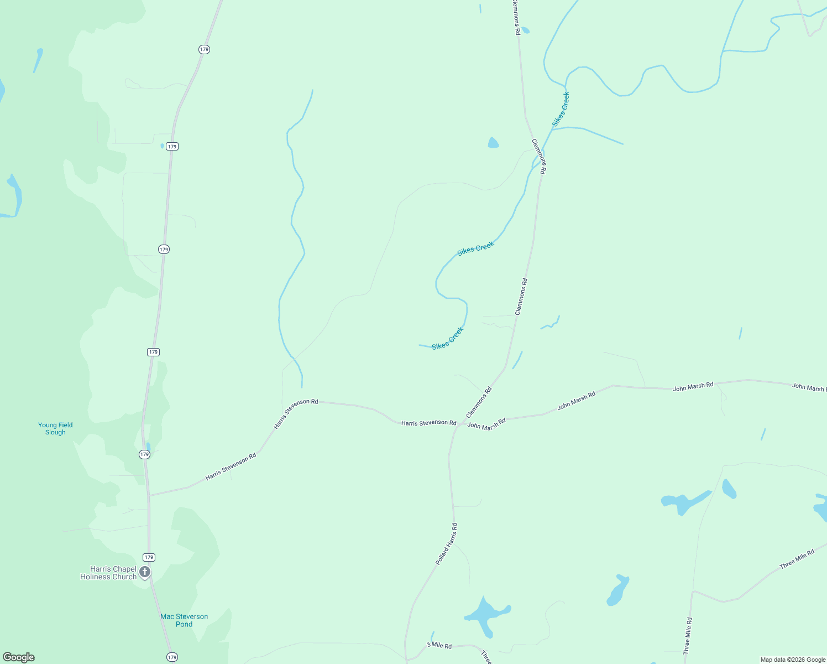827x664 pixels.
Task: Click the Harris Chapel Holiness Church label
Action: point(108,573)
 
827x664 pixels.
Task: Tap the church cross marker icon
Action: point(145,572)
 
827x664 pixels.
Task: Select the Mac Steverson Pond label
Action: point(184,620)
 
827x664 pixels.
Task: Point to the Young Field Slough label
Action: point(55,429)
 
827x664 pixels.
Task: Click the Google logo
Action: point(19,657)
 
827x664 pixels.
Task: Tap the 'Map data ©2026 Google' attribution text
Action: point(793,660)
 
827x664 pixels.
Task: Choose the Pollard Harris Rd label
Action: point(447,544)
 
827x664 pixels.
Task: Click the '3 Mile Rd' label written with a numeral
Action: point(439,646)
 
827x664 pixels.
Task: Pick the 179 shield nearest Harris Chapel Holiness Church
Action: point(149,557)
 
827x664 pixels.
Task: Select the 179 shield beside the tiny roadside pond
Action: point(172,147)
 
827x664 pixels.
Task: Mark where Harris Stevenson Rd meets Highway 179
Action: point(149,495)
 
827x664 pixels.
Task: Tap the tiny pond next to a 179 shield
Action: point(163,146)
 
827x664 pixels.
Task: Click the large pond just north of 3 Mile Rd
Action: point(486,613)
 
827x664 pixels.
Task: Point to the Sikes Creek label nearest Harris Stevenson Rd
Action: point(448,338)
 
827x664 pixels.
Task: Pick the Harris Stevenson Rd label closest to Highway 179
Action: point(231,467)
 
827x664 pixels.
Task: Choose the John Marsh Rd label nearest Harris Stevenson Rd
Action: point(486,424)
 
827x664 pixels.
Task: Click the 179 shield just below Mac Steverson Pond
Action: point(172,657)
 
